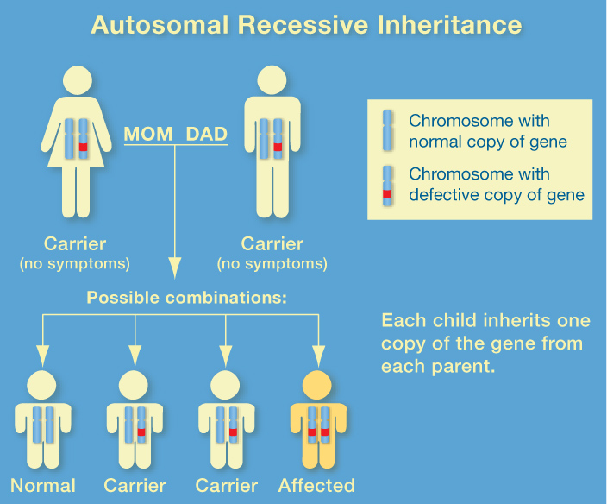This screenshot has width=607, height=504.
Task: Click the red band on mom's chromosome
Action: click(x=84, y=148)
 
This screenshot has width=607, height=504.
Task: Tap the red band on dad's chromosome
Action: click(x=278, y=148)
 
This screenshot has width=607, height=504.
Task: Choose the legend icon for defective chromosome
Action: click(x=388, y=184)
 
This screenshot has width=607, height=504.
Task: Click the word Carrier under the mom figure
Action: click(x=75, y=244)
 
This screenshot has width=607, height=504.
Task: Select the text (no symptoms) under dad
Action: click(x=272, y=263)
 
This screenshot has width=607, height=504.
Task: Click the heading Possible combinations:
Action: click(x=186, y=298)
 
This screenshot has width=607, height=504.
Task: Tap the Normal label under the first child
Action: click(x=43, y=486)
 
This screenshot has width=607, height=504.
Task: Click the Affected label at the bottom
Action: click(x=316, y=486)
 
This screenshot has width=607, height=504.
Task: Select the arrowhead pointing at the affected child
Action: click(x=318, y=355)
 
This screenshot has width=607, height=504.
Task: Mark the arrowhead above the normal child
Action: click(x=42, y=355)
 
